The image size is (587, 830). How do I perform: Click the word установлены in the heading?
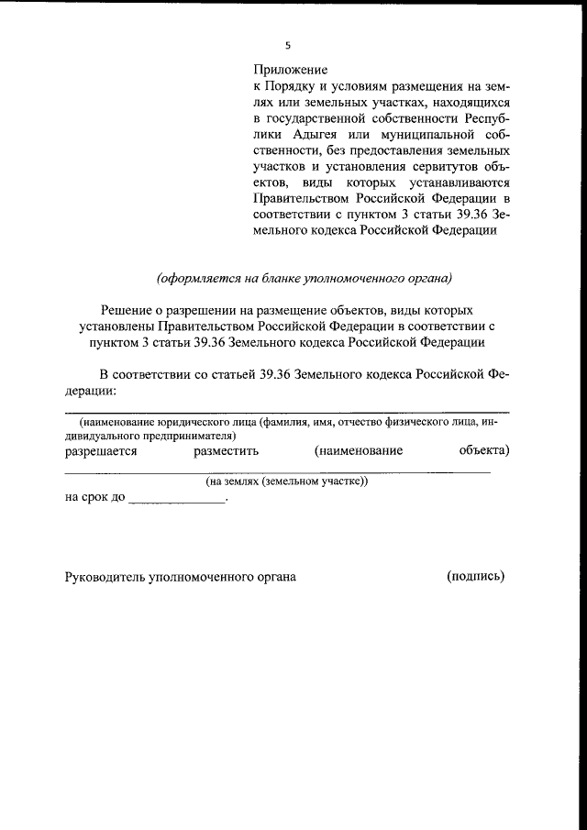coord(115,326)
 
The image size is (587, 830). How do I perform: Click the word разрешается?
coord(101,451)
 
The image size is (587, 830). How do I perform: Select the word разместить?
coord(227,451)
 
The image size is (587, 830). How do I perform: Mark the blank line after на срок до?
coord(178,501)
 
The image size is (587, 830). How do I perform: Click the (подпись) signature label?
coord(475,576)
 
